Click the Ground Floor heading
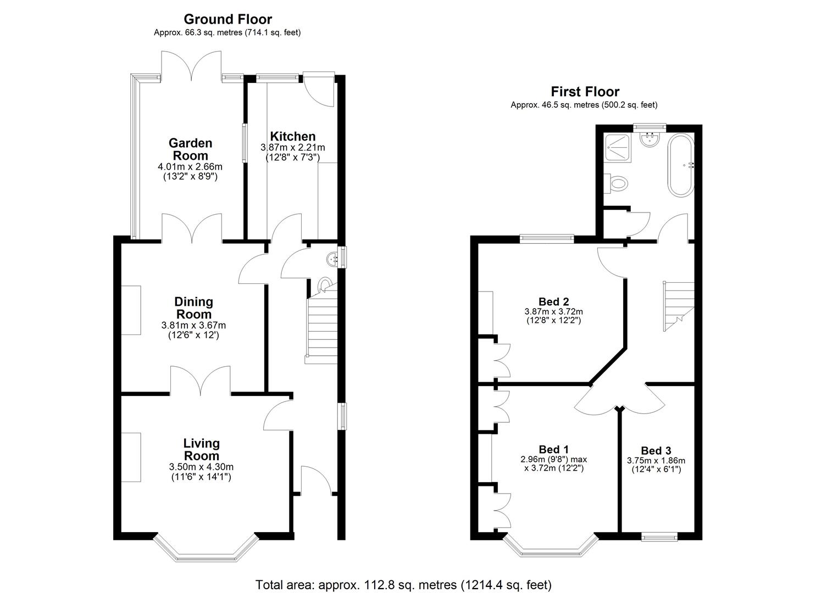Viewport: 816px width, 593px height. click(227, 19)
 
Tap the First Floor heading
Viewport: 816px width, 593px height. click(585, 91)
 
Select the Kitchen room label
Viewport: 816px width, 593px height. click(292, 136)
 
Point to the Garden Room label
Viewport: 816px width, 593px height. click(190, 149)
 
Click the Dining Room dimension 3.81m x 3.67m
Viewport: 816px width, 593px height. click(193, 325)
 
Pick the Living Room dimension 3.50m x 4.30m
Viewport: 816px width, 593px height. click(201, 467)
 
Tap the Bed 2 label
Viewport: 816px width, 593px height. click(554, 301)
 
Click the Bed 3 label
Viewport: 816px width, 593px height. click(656, 451)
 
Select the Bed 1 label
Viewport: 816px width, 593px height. click(554, 450)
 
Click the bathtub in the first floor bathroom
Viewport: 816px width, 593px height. click(680, 166)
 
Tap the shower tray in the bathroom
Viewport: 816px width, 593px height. click(618, 148)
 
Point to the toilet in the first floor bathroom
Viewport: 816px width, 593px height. click(616, 183)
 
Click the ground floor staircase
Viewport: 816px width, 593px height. click(321, 323)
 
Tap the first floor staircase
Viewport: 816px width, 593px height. click(678, 306)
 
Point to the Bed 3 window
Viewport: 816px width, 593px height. click(659, 536)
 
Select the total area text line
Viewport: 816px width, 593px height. click(404, 585)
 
